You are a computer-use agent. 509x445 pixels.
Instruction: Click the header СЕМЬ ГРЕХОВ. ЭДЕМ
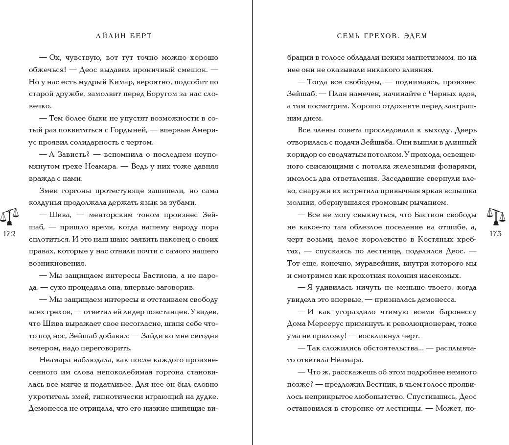382,36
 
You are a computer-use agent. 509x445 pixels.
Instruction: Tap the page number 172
9,234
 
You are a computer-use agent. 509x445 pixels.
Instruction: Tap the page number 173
495,234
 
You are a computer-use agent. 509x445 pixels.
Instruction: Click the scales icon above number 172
9,216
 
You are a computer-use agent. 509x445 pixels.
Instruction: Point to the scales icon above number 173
495,216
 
